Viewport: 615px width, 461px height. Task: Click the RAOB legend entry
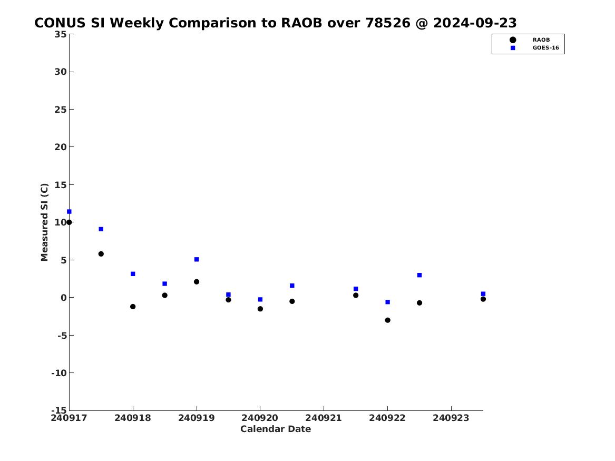[529, 40]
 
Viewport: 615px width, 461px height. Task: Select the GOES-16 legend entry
[534, 48]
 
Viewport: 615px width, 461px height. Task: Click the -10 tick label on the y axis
[59, 373]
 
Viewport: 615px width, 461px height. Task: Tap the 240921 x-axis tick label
[324, 418]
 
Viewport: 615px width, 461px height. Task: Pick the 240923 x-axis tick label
[451, 418]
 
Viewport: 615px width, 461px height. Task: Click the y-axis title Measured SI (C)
[44, 222]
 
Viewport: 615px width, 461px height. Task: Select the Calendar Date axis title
[276, 429]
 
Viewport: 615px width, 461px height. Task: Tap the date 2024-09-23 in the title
[475, 23]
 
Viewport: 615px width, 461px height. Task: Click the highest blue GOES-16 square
[69, 212]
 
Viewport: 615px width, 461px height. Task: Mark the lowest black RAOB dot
[387, 320]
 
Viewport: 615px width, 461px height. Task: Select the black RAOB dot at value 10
[69, 222]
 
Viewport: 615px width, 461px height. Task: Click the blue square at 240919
[197, 260]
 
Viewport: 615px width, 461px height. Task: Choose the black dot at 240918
[133, 307]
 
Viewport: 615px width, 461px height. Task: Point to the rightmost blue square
[483, 294]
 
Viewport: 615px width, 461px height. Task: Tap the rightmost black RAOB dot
[483, 299]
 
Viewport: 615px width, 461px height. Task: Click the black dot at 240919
[197, 282]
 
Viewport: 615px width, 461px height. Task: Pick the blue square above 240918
[133, 274]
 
